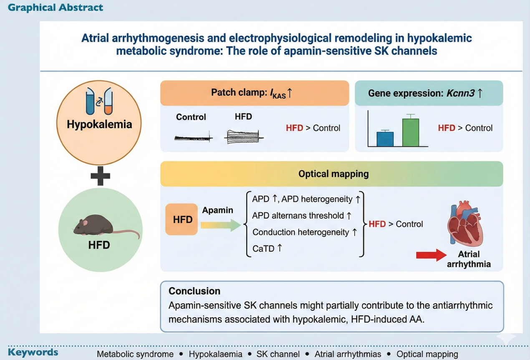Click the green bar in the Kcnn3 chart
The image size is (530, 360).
pos(411,133)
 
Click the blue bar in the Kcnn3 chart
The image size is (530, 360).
pos(385,139)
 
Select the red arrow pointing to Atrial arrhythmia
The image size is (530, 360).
pos(431,255)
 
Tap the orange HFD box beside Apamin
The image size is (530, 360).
pos(182,219)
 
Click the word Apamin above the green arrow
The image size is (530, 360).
pos(217,210)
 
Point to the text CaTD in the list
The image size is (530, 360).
pos(263,248)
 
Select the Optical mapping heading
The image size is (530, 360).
pos(333,174)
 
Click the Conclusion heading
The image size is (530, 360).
pos(194,291)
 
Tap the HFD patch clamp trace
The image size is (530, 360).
pos(243,137)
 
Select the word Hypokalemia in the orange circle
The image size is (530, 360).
pos(99,124)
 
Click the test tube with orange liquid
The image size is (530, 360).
pos(108,102)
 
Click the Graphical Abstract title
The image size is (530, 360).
pos(55,7)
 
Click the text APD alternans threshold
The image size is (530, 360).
pos(298,216)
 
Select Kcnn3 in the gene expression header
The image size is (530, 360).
pos(459,93)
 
